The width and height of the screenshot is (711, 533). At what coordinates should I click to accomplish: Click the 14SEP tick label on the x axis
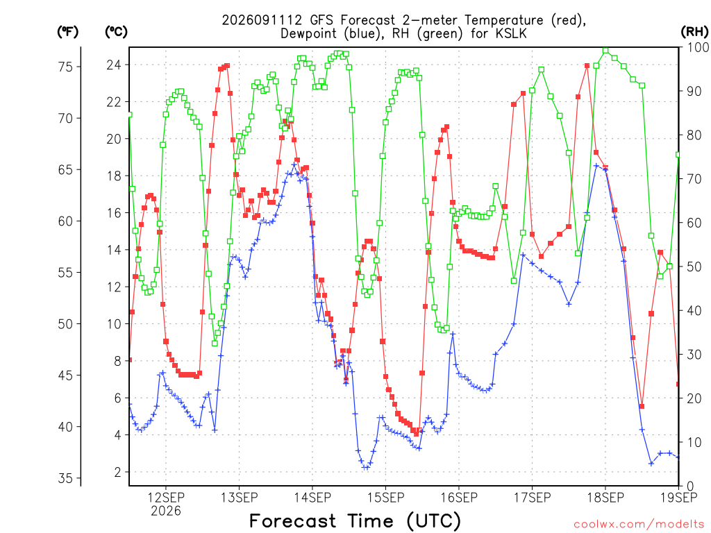312,498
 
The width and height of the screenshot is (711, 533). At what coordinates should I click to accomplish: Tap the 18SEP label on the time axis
605,498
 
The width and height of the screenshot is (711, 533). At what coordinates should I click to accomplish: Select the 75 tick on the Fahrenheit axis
65,67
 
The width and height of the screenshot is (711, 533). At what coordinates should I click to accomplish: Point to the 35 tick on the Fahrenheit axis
65,478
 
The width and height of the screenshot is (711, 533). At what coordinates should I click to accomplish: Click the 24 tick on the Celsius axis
114,65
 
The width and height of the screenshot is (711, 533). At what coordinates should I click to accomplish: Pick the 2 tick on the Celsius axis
118,472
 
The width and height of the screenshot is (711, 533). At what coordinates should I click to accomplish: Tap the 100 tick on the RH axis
699,47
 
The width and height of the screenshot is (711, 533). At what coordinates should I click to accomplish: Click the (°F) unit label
67,32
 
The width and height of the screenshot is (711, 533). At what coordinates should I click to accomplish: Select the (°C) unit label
116,32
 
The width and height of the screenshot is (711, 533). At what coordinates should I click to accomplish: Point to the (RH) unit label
694,31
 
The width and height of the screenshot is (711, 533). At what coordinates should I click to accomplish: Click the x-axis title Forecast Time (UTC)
355,521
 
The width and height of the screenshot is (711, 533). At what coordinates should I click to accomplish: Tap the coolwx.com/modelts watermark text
639,524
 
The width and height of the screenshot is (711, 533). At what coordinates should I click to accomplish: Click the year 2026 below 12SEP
166,511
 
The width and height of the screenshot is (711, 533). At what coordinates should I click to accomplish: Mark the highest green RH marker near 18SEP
605,50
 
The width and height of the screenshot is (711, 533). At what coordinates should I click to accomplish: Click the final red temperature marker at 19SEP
678,384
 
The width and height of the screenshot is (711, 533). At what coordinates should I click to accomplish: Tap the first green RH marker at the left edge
130,115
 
